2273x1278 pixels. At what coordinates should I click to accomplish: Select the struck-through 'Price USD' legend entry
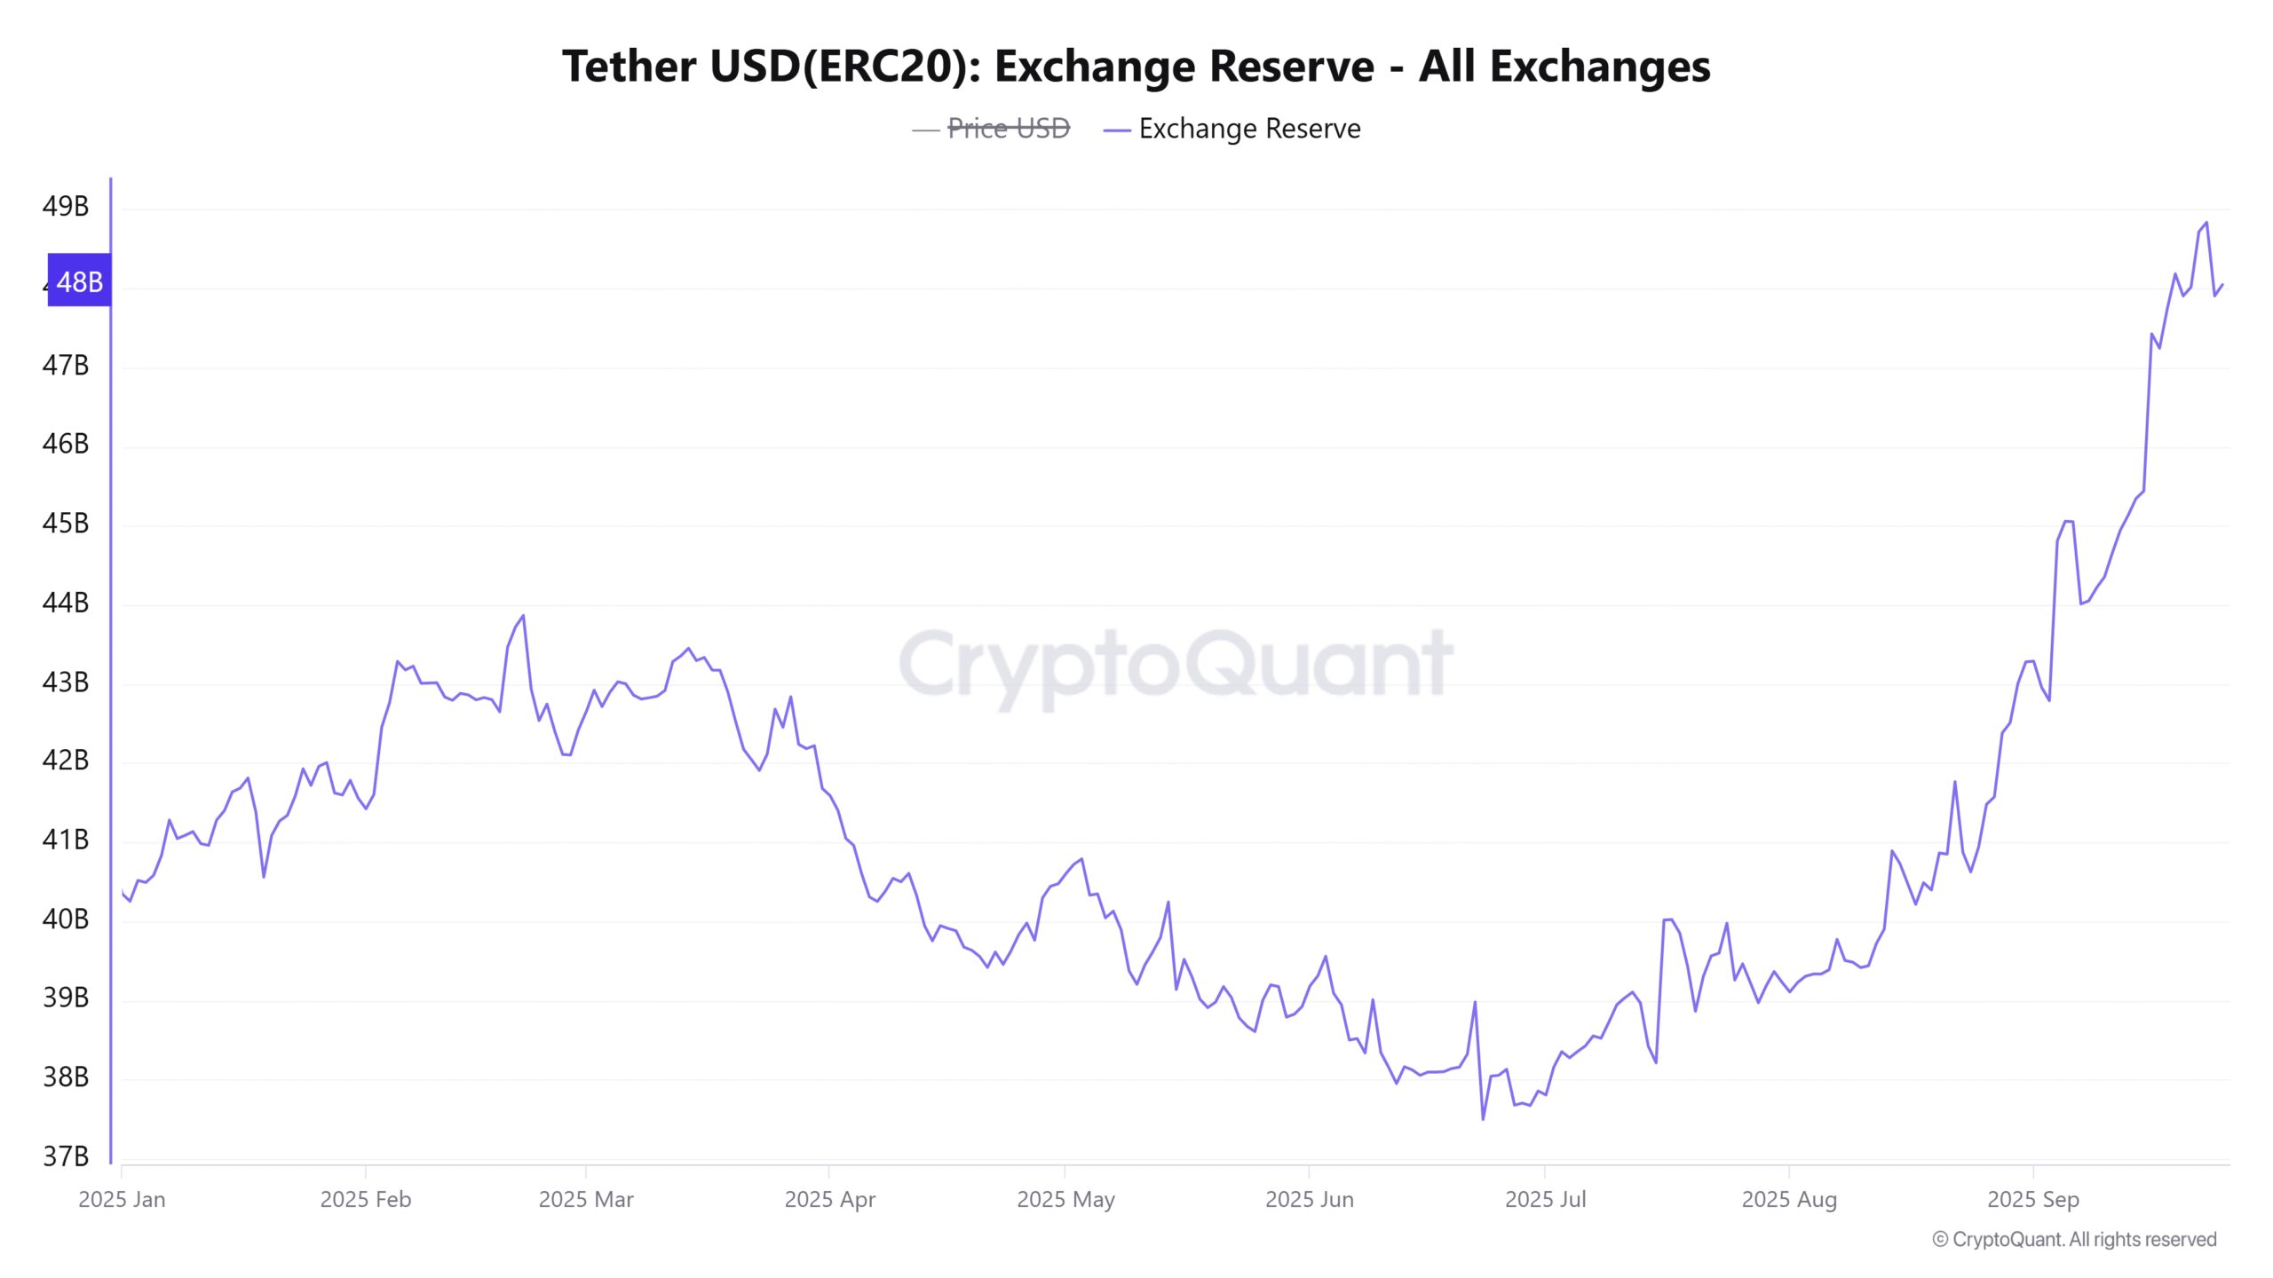pyautogui.click(x=1008, y=129)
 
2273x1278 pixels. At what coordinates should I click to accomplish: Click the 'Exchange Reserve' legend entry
pyautogui.click(x=1248, y=129)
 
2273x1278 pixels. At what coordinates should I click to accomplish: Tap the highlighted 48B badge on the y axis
pyautogui.click(x=79, y=281)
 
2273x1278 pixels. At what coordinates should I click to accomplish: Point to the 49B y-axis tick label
pyautogui.click(x=66, y=206)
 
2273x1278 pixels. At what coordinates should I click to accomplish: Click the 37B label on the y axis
pyautogui.click(x=66, y=1156)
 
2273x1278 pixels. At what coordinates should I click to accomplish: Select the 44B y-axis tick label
pyautogui.click(x=66, y=603)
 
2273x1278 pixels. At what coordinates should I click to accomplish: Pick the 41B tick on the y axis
pyautogui.click(x=66, y=840)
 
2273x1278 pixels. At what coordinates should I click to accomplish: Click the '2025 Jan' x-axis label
pyautogui.click(x=122, y=1199)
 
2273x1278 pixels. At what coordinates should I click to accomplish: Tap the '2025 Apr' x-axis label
pyautogui.click(x=829, y=1199)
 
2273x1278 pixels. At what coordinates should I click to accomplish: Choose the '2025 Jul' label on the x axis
pyautogui.click(x=1545, y=1199)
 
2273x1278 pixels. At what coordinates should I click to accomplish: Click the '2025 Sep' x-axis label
pyautogui.click(x=2032, y=1199)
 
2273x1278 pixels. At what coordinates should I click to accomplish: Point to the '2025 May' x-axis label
pyautogui.click(x=1065, y=1199)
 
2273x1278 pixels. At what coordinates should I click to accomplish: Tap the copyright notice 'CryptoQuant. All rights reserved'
pyautogui.click(x=2074, y=1239)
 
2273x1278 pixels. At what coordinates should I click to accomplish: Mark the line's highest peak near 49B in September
pyautogui.click(x=2206, y=223)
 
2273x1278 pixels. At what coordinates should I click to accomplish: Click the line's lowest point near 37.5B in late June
pyautogui.click(x=1483, y=1118)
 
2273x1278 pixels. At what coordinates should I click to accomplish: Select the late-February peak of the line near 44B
pyautogui.click(x=523, y=615)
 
